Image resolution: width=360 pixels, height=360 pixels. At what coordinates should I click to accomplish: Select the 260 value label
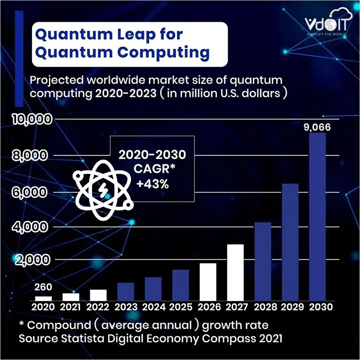pyautogui.click(x=43, y=287)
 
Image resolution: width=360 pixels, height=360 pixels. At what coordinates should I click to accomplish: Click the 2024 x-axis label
pyautogui.click(x=153, y=307)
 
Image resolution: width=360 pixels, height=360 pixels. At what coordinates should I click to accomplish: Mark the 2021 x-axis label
pyautogui.click(x=71, y=307)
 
